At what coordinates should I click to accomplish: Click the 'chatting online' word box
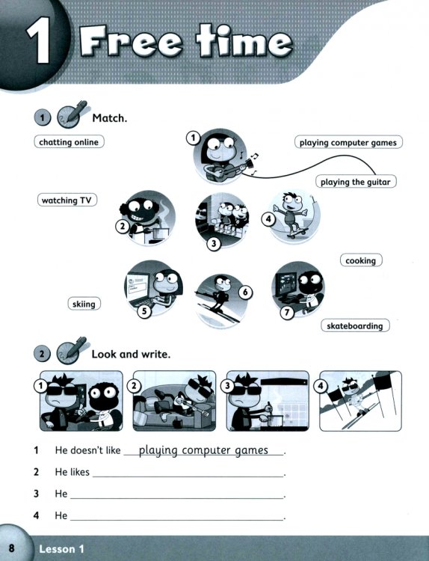69,141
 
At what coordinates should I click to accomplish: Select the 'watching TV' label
67,200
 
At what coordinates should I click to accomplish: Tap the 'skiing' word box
84,304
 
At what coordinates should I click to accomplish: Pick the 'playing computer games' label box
348,142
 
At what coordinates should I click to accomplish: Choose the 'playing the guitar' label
356,182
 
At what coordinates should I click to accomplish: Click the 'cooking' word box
361,260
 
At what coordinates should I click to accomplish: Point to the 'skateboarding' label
355,325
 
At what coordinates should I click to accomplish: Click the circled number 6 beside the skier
245,292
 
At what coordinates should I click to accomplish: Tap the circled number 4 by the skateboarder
268,218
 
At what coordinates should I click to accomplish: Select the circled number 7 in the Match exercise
287,313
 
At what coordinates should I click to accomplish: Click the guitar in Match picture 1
229,169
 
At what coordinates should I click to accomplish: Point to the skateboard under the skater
297,233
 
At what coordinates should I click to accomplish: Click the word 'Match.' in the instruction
109,117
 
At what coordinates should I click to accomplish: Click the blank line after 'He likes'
188,476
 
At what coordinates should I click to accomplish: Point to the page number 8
11,548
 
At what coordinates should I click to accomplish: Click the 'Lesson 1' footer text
61,549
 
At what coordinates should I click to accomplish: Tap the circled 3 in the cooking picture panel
228,386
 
